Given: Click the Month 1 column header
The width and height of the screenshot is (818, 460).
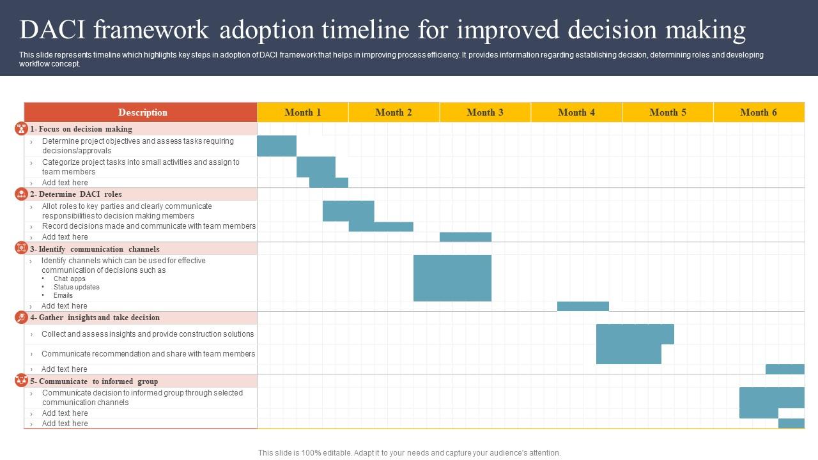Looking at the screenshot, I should [302, 112].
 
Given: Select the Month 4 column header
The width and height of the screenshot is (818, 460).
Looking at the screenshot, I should [576, 112].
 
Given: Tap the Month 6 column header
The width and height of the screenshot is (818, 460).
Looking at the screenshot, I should [758, 112].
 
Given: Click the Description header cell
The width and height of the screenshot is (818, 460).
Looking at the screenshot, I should [142, 112].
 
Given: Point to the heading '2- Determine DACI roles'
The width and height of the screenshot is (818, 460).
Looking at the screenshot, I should [75, 194].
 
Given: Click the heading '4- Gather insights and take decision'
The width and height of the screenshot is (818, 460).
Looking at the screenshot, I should [95, 318].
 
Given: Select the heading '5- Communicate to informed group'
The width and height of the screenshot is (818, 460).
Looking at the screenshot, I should [93, 381].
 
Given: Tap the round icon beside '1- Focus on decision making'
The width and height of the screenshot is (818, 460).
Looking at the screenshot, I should [21, 128].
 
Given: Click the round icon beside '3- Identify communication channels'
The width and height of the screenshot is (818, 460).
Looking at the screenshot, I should [21, 248].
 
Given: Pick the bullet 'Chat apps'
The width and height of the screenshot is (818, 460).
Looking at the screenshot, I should [69, 279].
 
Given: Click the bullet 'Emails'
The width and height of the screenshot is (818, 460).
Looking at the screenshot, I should [63, 295].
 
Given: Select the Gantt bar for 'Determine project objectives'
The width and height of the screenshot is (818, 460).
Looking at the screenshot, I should [277, 146].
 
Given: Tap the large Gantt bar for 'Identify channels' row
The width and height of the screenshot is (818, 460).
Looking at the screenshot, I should [452, 278].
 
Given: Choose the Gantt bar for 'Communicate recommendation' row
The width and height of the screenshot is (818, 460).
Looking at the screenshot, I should [628, 355].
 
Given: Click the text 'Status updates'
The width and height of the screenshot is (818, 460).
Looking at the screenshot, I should [76, 287].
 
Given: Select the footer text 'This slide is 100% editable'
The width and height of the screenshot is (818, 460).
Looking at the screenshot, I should [409, 453].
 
